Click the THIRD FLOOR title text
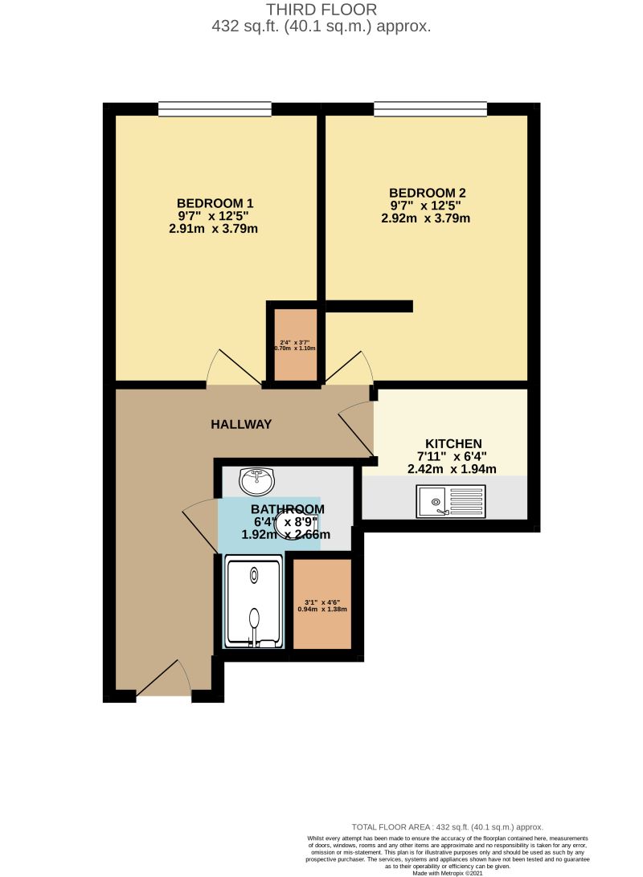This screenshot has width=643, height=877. point(321,10)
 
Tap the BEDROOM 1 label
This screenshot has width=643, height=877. point(220,202)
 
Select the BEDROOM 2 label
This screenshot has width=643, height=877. point(428,193)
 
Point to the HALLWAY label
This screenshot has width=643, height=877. point(241,424)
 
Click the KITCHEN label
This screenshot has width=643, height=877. point(453,443)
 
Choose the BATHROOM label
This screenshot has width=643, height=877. point(288,509)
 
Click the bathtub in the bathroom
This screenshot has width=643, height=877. point(254,602)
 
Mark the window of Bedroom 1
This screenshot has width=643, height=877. point(215,109)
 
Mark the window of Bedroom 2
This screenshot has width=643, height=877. point(430,109)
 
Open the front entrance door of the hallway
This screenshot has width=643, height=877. point(163,679)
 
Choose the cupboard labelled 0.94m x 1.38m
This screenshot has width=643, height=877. point(322,604)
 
